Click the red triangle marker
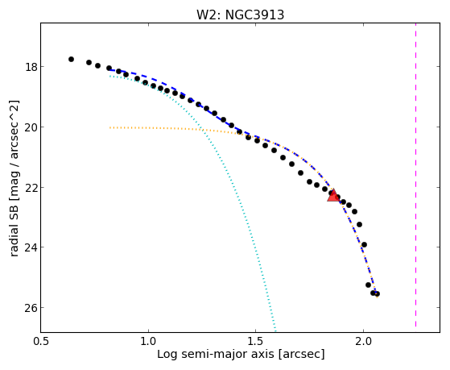pyautogui.click(x=333, y=196)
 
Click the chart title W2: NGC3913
pyautogui.click(x=240, y=15)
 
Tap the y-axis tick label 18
pyautogui.click(x=31, y=67)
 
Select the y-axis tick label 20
pyautogui.click(x=31, y=127)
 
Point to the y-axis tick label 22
pyautogui.click(x=31, y=188)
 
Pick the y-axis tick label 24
pyautogui.click(x=31, y=247)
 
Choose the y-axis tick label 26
pyautogui.click(x=31, y=308)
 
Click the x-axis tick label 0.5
pyautogui.click(x=41, y=342)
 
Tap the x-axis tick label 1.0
pyautogui.click(x=148, y=342)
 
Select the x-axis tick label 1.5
pyautogui.click(x=256, y=342)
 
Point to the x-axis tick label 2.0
pyautogui.click(x=363, y=342)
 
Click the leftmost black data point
pyautogui.click(x=71, y=59)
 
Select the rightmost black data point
pyautogui.click(x=377, y=293)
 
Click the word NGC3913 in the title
pyautogui.click(x=254, y=15)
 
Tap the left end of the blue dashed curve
pyautogui.click(x=109, y=70)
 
